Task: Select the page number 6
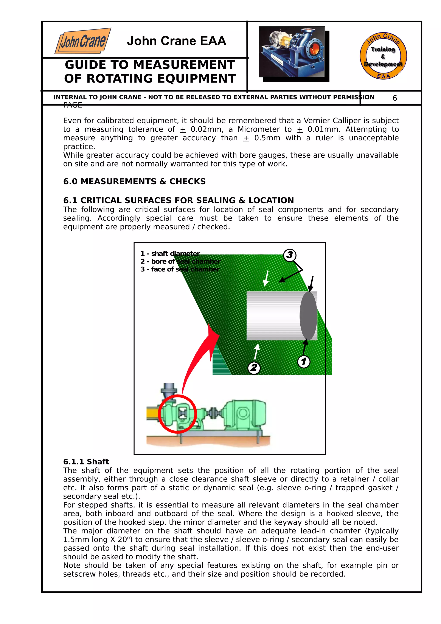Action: pyautogui.click(x=394, y=98)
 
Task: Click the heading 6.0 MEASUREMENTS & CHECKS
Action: pyautogui.click(x=134, y=181)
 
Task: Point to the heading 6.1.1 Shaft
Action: pyautogui.click(x=86, y=461)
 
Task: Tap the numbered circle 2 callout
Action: pyautogui.click(x=254, y=368)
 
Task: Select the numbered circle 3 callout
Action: pyautogui.click(x=290, y=255)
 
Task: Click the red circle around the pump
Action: pyautogui.click(x=177, y=414)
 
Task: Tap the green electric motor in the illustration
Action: pyautogui.click(x=245, y=414)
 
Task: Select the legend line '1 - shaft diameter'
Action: pyautogui.click(x=170, y=254)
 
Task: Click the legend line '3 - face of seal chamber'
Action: pyautogui.click(x=180, y=269)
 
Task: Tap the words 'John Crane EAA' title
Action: pyautogui.click(x=176, y=41)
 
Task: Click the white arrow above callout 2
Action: pyautogui.click(x=256, y=351)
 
